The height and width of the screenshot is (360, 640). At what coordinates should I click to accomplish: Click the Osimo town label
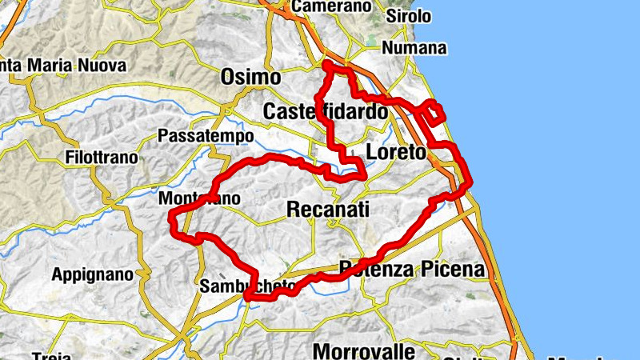pyautogui.click(x=250, y=78)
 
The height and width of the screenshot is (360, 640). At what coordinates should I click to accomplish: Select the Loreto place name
pyautogui.click(x=395, y=152)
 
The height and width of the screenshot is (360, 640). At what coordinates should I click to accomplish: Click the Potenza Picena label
pyautogui.click(x=411, y=269)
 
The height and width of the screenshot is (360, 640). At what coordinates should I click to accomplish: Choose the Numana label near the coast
pyautogui.click(x=414, y=48)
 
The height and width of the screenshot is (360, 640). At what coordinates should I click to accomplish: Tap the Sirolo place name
pyautogui.click(x=409, y=16)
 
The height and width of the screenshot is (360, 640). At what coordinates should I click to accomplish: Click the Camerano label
pyautogui.click(x=333, y=6)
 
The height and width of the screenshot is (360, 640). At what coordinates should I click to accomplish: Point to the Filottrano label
pyautogui.click(x=102, y=157)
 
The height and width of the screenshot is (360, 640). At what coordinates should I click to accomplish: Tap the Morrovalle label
pyautogui.click(x=364, y=350)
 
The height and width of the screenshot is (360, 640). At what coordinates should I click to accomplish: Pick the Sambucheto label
pyautogui.click(x=248, y=286)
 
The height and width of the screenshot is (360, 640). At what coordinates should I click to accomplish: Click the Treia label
pyautogui.click(x=51, y=355)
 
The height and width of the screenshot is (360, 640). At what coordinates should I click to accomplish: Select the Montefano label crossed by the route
pyautogui.click(x=199, y=198)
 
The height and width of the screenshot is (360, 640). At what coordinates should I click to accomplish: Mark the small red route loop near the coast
pyautogui.click(x=433, y=112)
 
